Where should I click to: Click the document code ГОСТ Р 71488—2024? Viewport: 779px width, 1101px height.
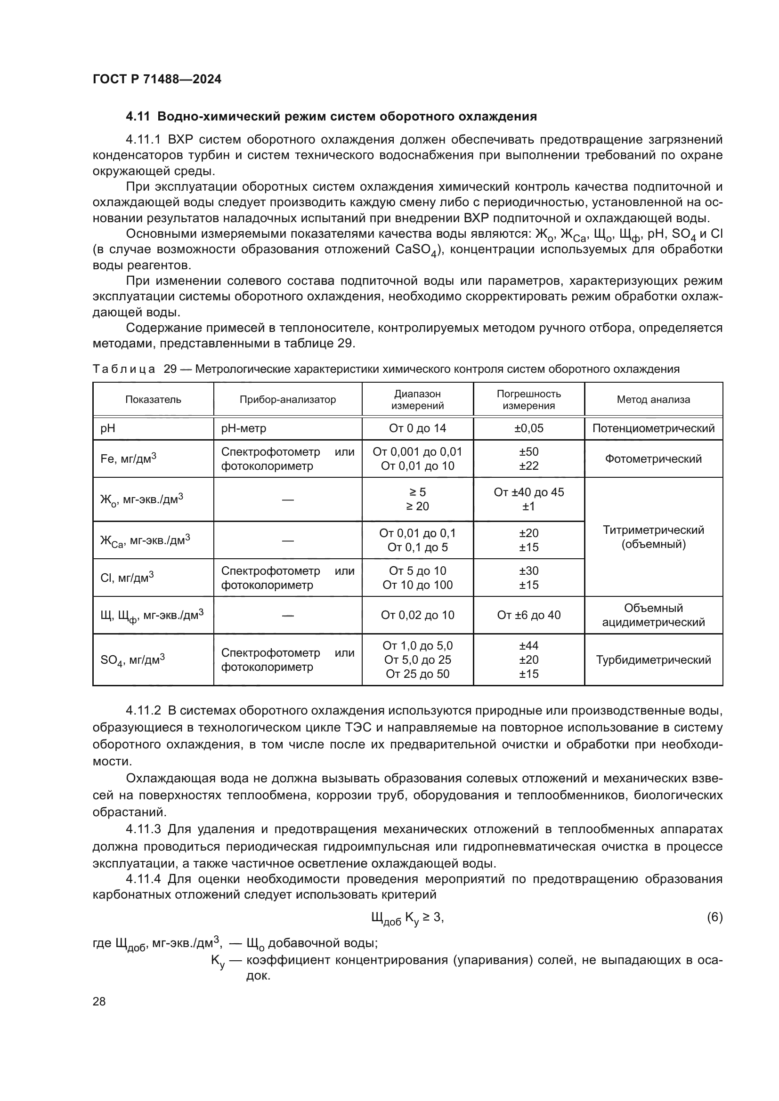pos(157,79)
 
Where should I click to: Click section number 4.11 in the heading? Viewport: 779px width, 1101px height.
pos(138,116)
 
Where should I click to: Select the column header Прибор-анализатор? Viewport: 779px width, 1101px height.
pos(287,400)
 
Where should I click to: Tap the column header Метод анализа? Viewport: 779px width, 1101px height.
pos(653,400)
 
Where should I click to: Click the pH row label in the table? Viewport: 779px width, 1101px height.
pos(107,428)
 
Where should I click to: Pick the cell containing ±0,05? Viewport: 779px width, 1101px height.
pos(528,428)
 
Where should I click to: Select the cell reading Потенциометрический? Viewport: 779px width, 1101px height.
pos(653,428)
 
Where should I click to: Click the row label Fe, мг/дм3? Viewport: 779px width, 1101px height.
pos(128,459)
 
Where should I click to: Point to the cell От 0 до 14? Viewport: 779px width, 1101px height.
pos(417,428)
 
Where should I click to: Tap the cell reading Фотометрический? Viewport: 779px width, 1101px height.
pos(653,459)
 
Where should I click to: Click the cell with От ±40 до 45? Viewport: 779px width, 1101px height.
pos(528,492)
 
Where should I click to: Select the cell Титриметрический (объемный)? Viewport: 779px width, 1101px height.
pos(653,537)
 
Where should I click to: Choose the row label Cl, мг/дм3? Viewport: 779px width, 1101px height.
pos(127,578)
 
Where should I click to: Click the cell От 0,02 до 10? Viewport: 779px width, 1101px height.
pos(417,615)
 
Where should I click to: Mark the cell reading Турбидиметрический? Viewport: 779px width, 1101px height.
pos(653,660)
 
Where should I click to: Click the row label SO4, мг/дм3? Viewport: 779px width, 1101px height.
pos(132,660)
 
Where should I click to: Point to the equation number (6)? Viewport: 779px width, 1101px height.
pos(714,917)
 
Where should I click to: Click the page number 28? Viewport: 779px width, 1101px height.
pos(99,1001)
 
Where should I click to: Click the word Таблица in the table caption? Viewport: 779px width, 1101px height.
pos(124,369)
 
